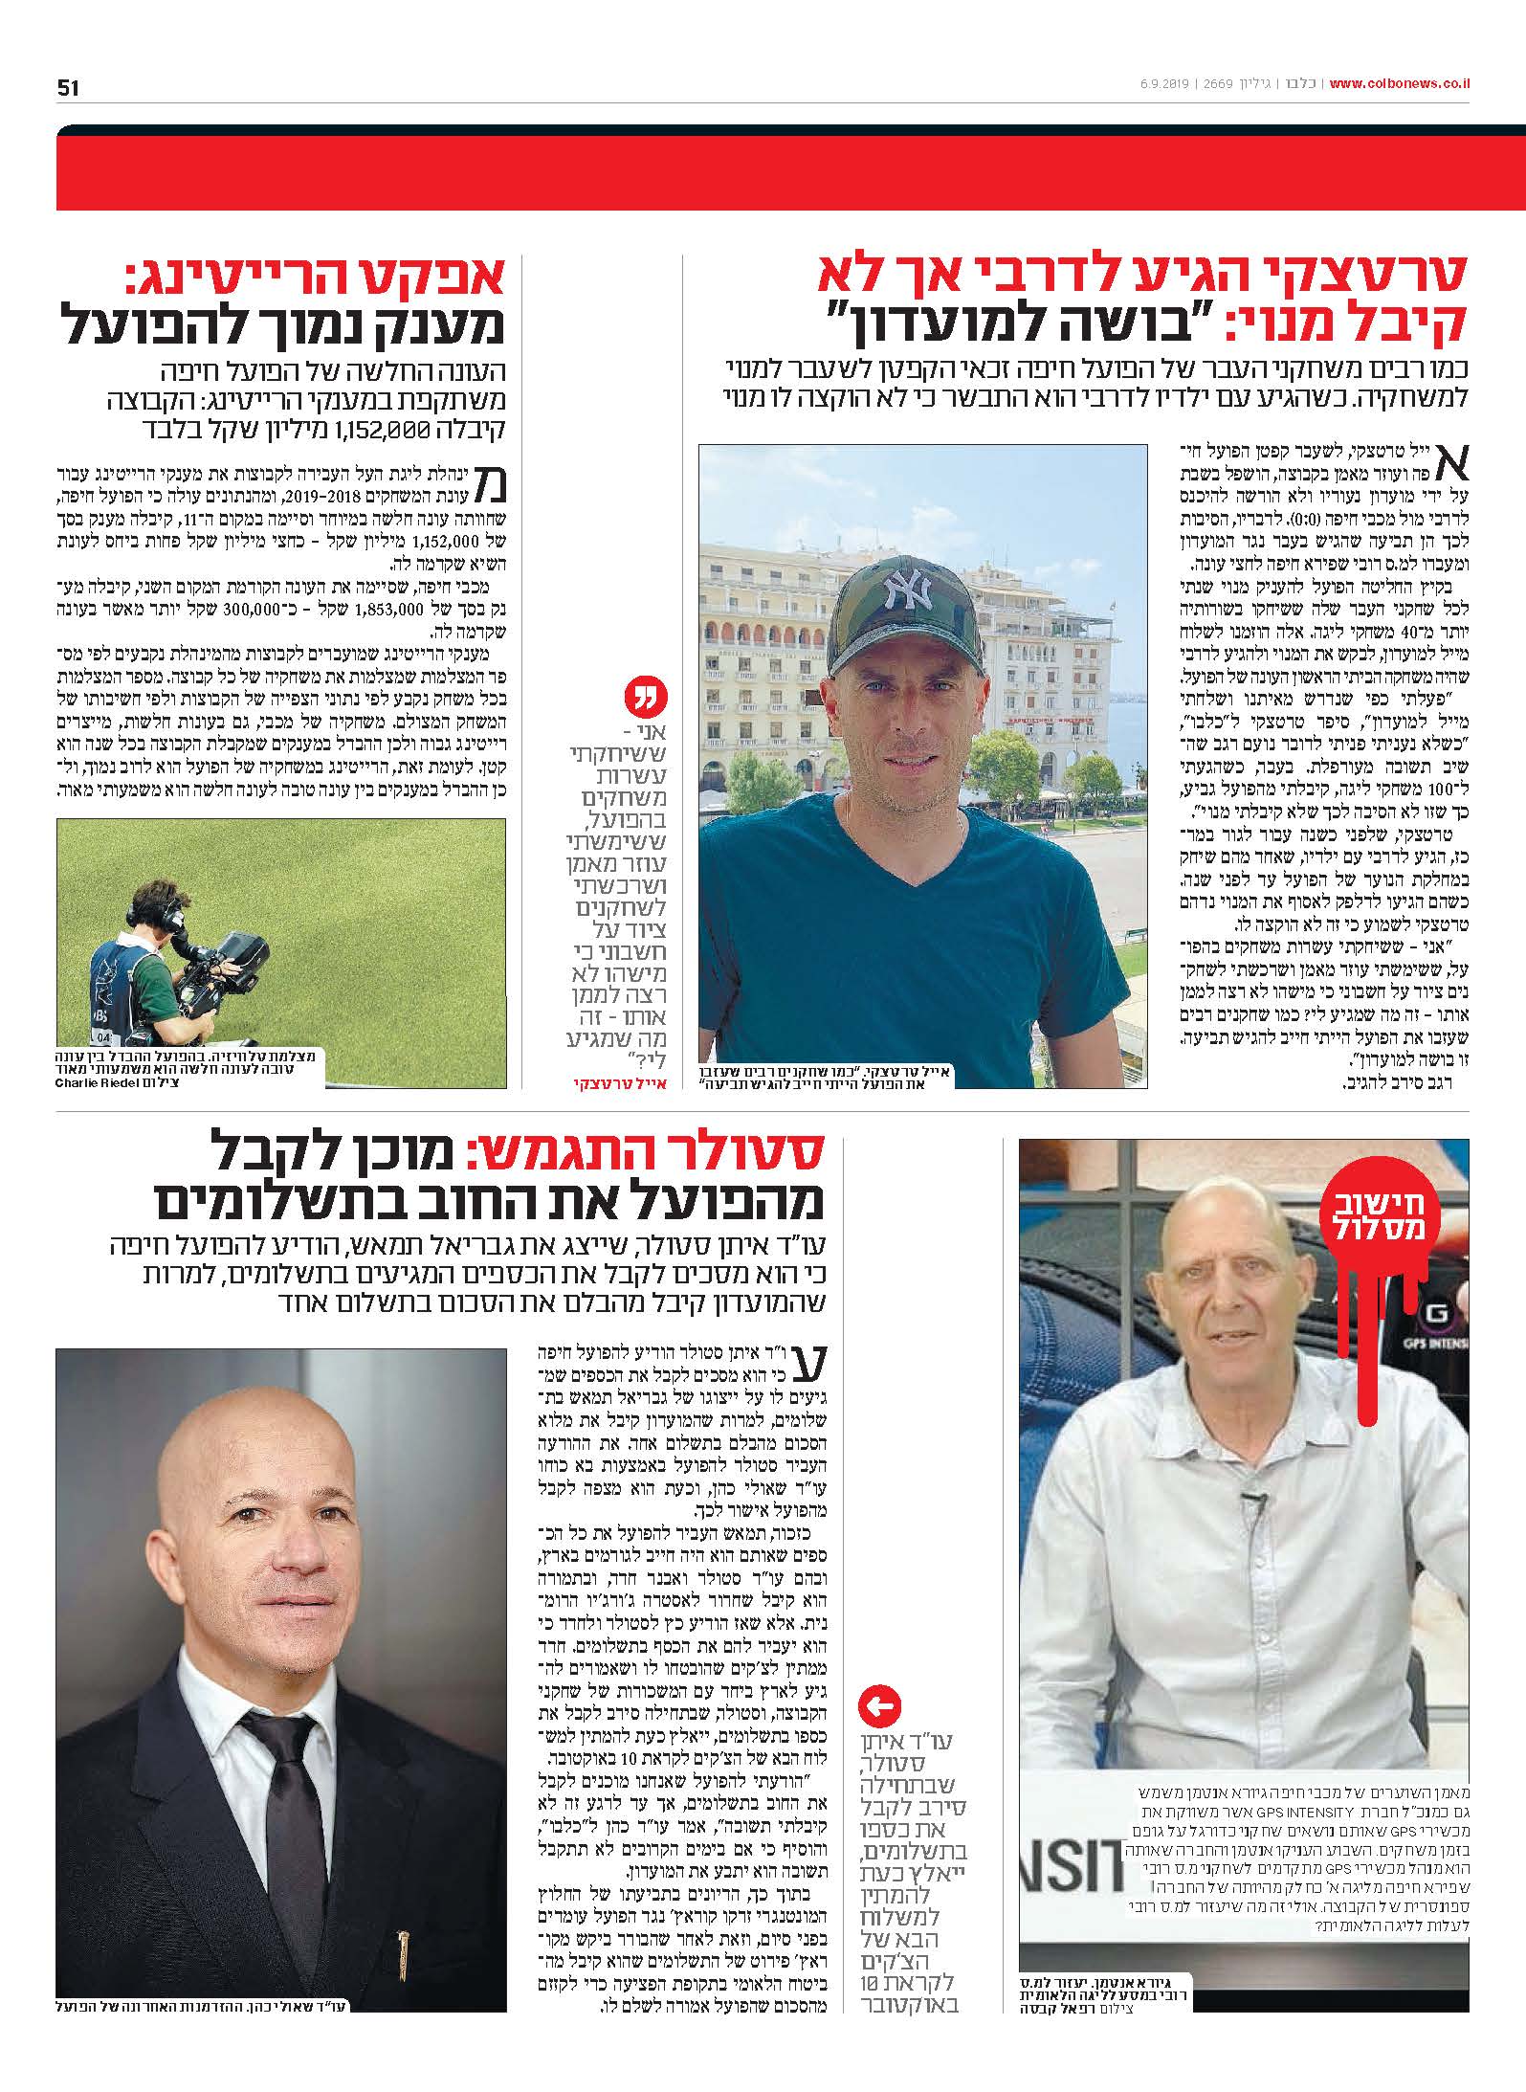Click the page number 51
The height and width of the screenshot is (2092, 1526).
[x=68, y=87]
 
